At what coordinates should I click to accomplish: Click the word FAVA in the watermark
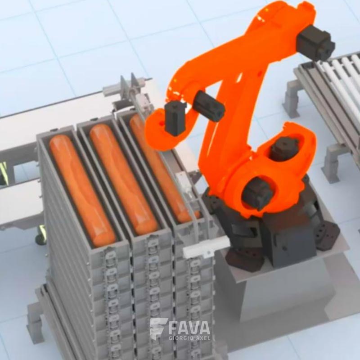pyautogui.click(x=189, y=328)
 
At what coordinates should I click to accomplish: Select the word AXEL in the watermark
pyautogui.click(x=203, y=338)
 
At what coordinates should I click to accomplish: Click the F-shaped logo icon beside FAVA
pyautogui.click(x=158, y=329)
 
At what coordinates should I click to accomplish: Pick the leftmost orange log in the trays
pyautogui.click(x=82, y=190)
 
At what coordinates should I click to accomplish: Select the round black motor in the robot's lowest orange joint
pyautogui.click(x=257, y=193)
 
